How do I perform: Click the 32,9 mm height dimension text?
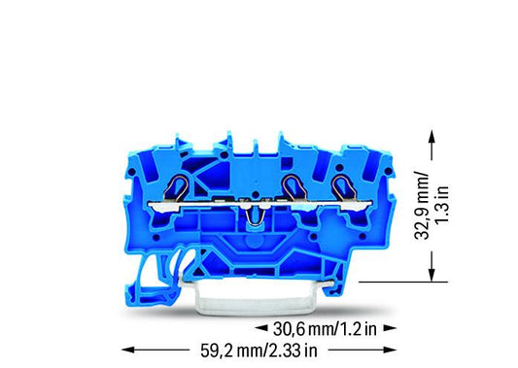pyautogui.click(x=422, y=205)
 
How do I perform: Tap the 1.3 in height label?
pyautogui.click(x=441, y=205)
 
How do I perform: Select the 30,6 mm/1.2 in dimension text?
pyautogui.click(x=325, y=329)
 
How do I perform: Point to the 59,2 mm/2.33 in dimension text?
pyautogui.click(x=259, y=351)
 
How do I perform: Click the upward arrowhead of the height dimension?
pyautogui.click(x=432, y=136)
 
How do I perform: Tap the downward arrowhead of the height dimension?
pyautogui.click(x=432, y=275)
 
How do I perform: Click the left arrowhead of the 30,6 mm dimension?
pyautogui.click(x=261, y=328)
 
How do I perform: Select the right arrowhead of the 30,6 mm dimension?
pyautogui.click(x=390, y=328)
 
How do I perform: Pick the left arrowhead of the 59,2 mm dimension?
pyautogui.click(x=128, y=350)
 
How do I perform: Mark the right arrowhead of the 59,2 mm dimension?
pyautogui.click(x=390, y=350)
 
